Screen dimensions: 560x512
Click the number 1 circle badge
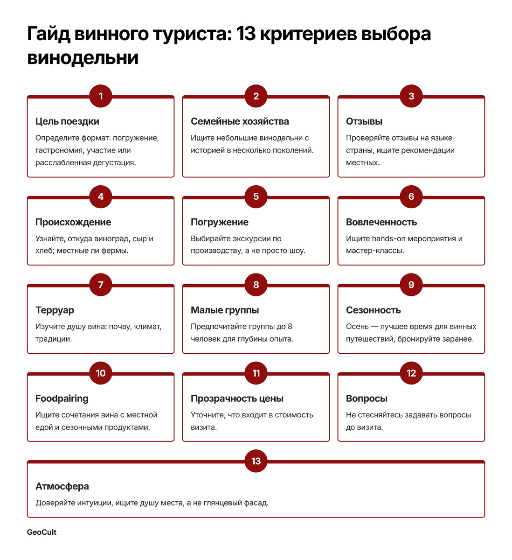click(101, 96)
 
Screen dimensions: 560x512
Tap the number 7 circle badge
click(101, 285)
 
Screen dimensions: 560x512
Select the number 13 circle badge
click(256, 461)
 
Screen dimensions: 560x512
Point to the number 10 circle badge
click(101, 373)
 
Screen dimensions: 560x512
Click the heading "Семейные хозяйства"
click(240, 121)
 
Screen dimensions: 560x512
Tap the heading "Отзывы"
click(364, 121)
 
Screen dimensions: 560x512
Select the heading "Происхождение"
click(73, 222)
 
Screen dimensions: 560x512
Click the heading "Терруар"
click(55, 310)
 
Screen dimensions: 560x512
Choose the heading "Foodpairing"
click(62, 399)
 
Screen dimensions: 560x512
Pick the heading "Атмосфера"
click(62, 486)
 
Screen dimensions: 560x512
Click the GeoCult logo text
click(42, 532)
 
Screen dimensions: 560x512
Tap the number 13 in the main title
click(246, 34)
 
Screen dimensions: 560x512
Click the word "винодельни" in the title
click(83, 58)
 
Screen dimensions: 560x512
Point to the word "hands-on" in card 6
click(388, 238)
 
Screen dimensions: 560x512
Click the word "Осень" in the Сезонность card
click(357, 327)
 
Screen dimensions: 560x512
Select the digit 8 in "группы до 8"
click(290, 327)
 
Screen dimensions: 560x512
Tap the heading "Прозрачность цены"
click(237, 399)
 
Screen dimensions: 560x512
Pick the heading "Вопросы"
click(367, 399)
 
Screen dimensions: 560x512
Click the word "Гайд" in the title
click(48, 34)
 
